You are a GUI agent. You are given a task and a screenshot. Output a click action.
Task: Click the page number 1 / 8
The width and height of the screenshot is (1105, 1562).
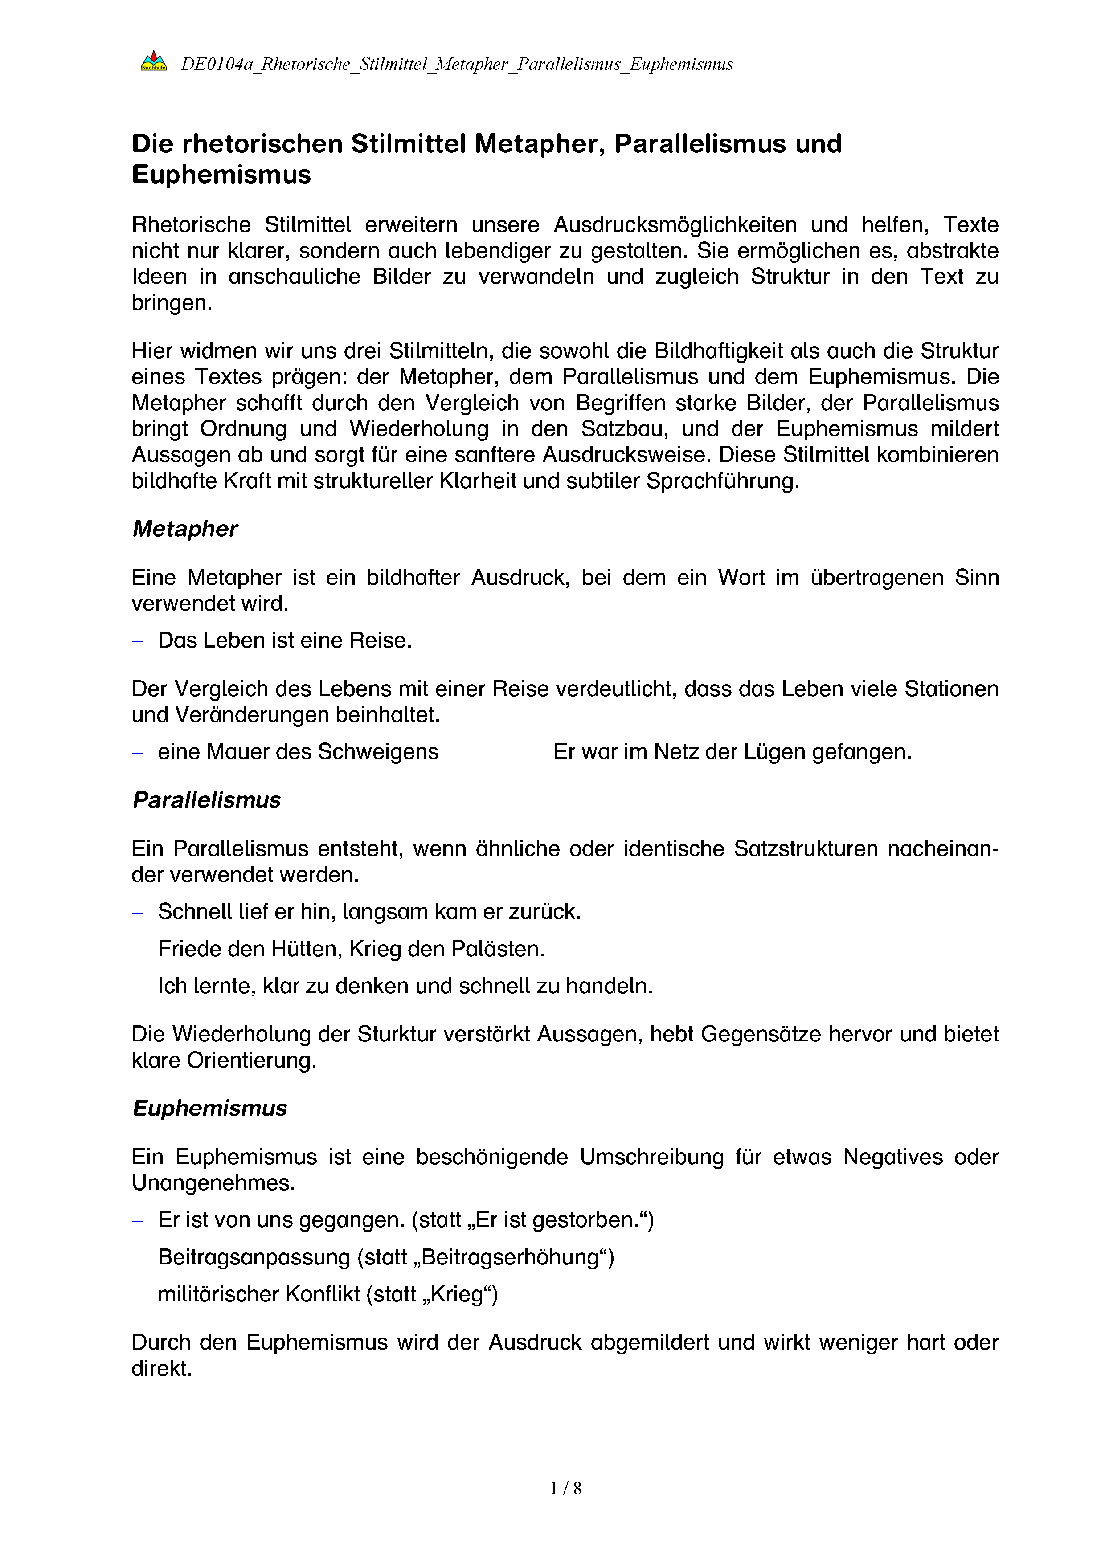tap(565, 1488)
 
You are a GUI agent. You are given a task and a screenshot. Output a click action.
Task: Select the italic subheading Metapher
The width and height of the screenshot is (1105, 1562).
tap(185, 529)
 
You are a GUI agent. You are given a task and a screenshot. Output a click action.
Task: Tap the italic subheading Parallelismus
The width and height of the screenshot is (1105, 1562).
tap(206, 800)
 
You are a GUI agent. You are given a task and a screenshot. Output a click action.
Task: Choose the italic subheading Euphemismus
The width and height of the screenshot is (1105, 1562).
tap(209, 1108)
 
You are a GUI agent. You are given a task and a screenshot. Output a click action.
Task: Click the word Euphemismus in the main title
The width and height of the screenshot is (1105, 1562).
tap(221, 175)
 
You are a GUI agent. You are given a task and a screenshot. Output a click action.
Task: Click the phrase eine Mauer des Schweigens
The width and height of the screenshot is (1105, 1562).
tap(298, 752)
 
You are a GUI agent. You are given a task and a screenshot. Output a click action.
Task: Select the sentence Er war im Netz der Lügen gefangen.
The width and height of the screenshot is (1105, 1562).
tap(732, 752)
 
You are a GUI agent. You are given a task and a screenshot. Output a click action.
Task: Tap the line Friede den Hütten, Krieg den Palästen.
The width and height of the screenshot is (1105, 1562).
tap(351, 948)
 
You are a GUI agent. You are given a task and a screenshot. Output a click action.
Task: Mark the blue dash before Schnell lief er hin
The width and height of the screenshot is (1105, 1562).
tap(138, 912)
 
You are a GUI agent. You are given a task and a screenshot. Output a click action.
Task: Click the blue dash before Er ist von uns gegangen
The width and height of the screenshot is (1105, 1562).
tap(138, 1220)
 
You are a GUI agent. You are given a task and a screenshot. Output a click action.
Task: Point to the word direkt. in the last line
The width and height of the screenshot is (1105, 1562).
tap(162, 1368)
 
